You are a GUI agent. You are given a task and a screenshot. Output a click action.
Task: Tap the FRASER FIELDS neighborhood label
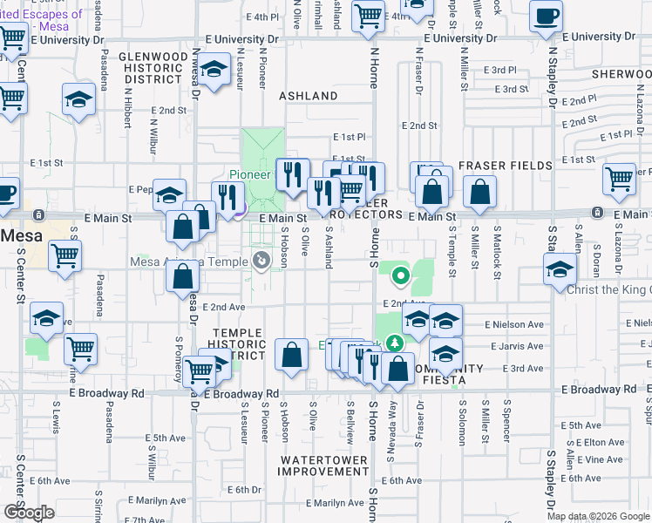[506, 166]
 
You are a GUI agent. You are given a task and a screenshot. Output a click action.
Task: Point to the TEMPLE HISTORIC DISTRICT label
[238, 343]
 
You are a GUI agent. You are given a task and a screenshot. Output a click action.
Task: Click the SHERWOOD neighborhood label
[621, 74]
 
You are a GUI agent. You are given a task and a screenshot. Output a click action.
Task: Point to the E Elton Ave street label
[606, 443]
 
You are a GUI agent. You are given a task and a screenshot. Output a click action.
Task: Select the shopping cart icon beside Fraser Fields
[620, 179]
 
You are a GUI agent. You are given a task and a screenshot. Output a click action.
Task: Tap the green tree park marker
[395, 343]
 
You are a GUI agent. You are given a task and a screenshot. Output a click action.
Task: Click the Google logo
[29, 513]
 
